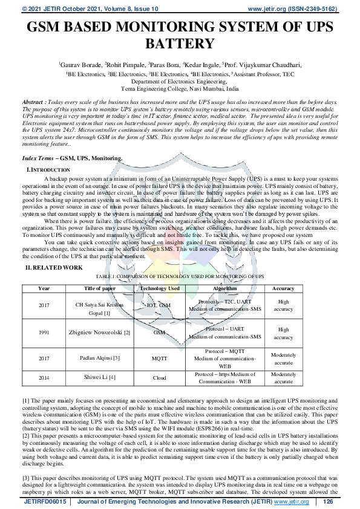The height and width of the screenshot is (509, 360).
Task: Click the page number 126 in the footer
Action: [329, 502]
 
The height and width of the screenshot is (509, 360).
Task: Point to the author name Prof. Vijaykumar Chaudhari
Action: [263, 63]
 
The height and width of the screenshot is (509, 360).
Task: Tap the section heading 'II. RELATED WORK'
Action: [53, 267]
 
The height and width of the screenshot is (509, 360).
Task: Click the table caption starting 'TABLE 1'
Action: [180, 276]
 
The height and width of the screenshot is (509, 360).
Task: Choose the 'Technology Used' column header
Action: [160, 288]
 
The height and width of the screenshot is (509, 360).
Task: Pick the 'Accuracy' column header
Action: [283, 288]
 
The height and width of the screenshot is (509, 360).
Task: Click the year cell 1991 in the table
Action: [44, 332]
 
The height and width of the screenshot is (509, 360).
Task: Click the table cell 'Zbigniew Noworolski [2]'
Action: [99, 332]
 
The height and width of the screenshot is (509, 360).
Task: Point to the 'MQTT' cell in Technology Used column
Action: [160, 358]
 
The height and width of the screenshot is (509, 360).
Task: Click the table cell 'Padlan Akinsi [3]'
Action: [99, 358]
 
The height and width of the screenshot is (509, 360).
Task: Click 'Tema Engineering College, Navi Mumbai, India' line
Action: [180, 88]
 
